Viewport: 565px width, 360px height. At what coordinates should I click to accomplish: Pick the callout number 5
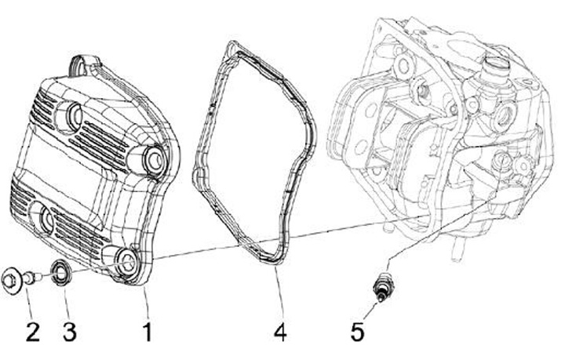coord(358,332)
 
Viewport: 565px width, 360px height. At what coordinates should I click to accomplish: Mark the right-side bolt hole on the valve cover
coord(155,161)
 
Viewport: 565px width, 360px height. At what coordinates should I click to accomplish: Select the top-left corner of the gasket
coord(228,45)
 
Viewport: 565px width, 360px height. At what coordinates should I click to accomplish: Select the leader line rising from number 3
coord(66,302)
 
